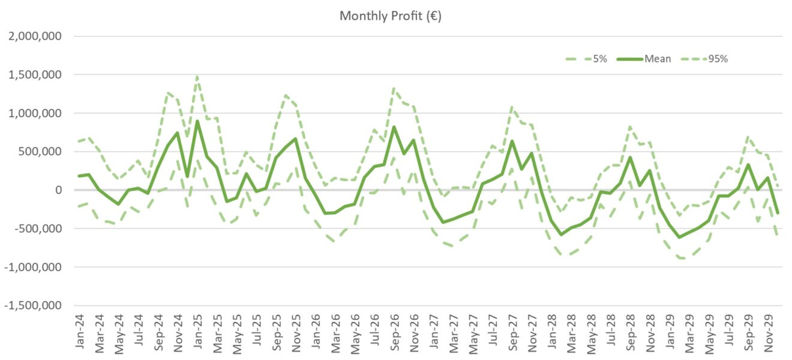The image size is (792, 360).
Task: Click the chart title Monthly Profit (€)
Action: click(390, 16)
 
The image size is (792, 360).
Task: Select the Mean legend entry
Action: click(658, 59)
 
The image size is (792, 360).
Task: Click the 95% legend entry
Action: click(717, 59)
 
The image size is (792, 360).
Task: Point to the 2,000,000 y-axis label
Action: click(34, 37)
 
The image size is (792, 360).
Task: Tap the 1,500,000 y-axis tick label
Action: click(34, 75)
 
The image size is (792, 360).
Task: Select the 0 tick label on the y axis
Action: click(57, 190)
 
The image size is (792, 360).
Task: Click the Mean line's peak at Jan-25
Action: click(197, 121)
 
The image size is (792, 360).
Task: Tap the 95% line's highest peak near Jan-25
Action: click(197, 77)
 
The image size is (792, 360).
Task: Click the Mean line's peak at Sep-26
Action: click(394, 127)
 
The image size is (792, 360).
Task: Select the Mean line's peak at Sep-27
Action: click(512, 141)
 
